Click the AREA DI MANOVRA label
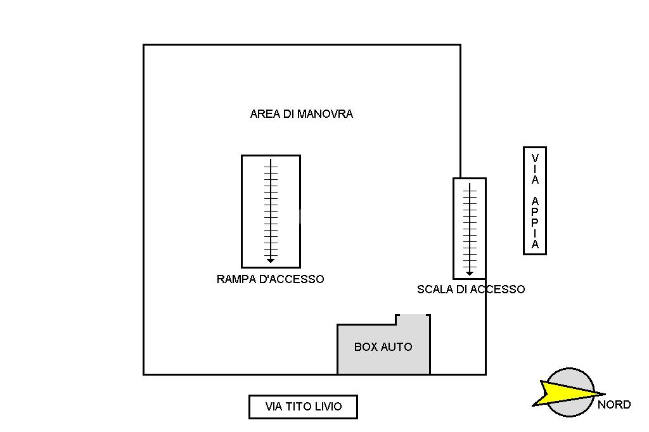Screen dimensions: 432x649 coord(301,115)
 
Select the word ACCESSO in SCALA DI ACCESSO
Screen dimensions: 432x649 coord(500,289)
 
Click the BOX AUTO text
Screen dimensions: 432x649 coord(383,347)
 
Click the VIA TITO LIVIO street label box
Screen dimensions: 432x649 coord(303,407)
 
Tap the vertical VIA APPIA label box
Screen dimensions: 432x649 coord(535,201)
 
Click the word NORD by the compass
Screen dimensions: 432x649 coord(614,405)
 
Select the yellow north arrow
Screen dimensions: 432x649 coord(561,393)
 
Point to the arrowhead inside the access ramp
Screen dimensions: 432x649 coord(271,260)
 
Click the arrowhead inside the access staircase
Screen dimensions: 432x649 coord(470,273)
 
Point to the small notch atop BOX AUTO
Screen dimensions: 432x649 coord(413,319)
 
